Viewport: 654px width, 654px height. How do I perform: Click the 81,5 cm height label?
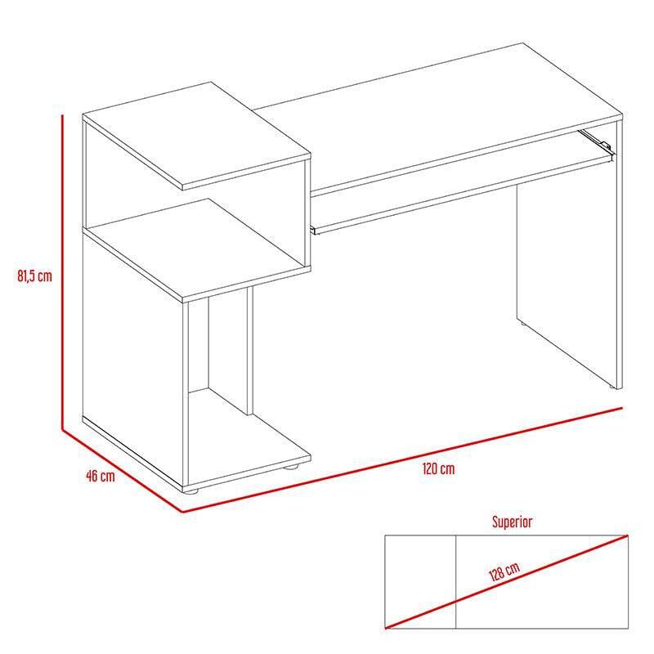(x=34, y=275)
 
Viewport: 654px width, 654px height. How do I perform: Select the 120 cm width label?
(x=439, y=469)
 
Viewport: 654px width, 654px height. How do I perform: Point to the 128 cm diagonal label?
(x=504, y=572)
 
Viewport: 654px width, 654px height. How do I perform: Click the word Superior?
(x=513, y=521)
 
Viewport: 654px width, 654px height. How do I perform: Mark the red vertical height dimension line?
(x=62, y=270)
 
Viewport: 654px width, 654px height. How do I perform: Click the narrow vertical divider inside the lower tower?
(x=249, y=352)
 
